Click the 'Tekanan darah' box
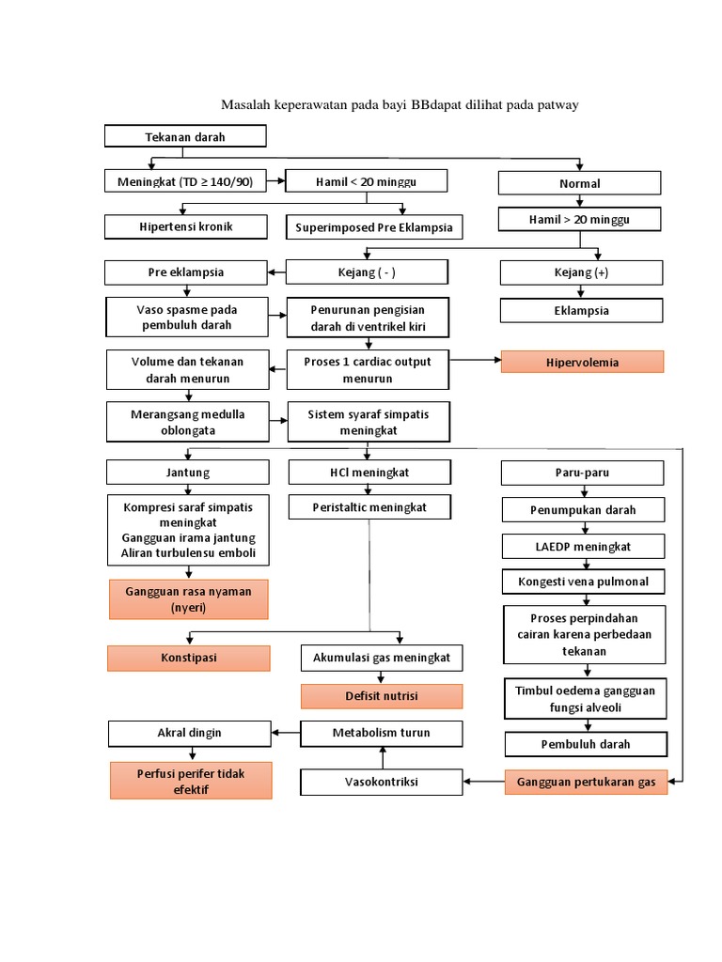pyautogui.click(x=185, y=137)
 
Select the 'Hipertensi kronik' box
pyautogui.click(x=186, y=226)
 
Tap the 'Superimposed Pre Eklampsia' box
pyautogui.click(x=373, y=227)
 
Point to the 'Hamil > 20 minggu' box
pyautogui.click(x=579, y=220)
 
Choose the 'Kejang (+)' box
pyautogui.click(x=581, y=272)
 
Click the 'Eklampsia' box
pyautogui.click(x=581, y=310)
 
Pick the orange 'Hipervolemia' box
pyautogui.click(x=582, y=362)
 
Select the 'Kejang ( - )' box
pyautogui.click(x=367, y=272)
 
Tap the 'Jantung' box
pyautogui.click(x=188, y=472)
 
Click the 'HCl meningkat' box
pyautogui.click(x=369, y=472)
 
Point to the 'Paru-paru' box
pyautogui.click(x=582, y=473)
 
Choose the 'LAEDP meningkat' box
pyautogui.click(x=583, y=546)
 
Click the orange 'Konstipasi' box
pyautogui.click(x=188, y=658)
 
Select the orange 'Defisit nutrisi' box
pyautogui.click(x=381, y=696)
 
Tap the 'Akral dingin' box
pyautogui.click(x=190, y=732)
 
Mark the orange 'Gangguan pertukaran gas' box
pyautogui.click(x=587, y=782)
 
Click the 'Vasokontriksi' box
pyautogui.click(x=381, y=782)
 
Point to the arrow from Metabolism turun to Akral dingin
pyautogui.click(x=286, y=732)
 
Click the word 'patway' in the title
pyautogui.click(x=556, y=104)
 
